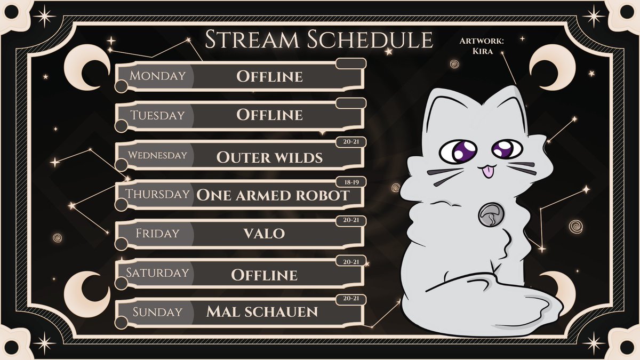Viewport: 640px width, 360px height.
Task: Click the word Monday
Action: coord(157,76)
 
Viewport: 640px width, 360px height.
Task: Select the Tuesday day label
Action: coord(157,115)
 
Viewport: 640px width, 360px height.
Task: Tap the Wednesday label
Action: coord(157,156)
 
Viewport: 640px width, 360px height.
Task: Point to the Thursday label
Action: coord(157,194)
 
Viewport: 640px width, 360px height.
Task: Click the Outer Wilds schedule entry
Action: coord(269,157)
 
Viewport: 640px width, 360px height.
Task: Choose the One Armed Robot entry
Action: coord(273,195)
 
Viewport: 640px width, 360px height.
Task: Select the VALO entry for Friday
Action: coord(269,234)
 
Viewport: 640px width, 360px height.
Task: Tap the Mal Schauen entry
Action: coord(269,312)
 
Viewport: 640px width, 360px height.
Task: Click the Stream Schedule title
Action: coord(318,40)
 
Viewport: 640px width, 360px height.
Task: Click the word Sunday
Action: coord(157,312)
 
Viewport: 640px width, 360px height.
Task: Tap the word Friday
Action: coord(157,234)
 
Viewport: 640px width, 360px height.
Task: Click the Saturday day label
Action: coord(157,273)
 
